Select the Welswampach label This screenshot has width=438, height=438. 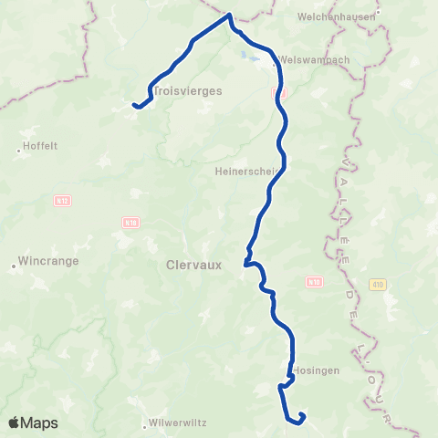pyautogui.click(x=313, y=59)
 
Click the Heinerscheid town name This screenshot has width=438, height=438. pyautogui.click(x=250, y=170)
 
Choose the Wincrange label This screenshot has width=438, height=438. pyautogui.click(x=50, y=261)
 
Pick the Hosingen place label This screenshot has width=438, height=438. pyautogui.click(x=318, y=371)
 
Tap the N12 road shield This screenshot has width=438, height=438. pyautogui.click(x=63, y=201)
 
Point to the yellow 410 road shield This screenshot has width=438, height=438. pyautogui.click(x=377, y=285)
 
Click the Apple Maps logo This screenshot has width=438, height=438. pyautogui.click(x=33, y=422)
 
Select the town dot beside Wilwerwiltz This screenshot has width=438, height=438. pyautogui.click(x=145, y=425)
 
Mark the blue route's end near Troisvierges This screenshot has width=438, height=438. pyautogui.click(x=134, y=105)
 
